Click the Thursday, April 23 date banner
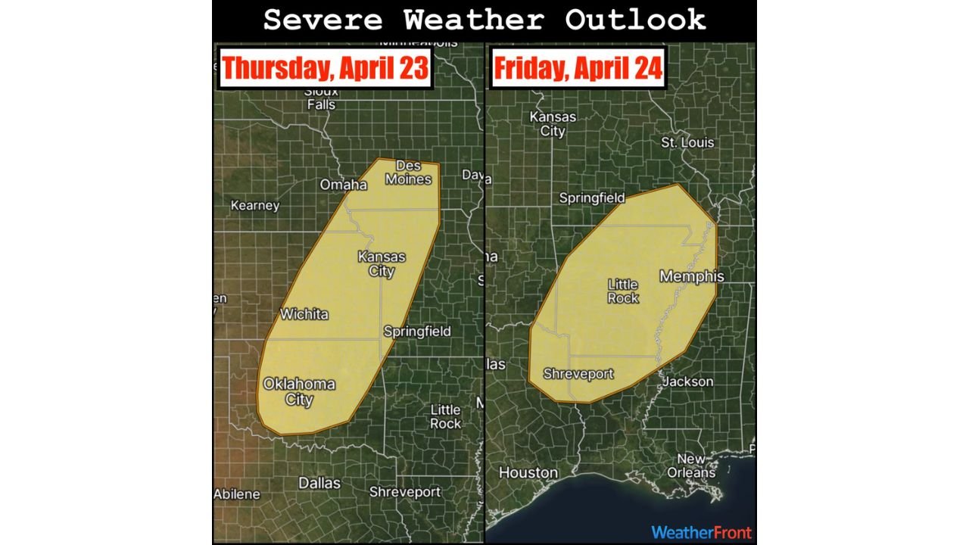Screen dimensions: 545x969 pyautogui.click(x=326, y=69)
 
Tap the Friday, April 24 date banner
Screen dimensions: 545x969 pyautogui.click(x=578, y=69)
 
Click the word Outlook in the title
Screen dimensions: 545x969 pyautogui.click(x=635, y=20)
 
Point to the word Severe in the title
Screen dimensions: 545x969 pyautogui.click(x=324, y=20)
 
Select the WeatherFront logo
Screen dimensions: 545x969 pyautogui.click(x=701, y=532)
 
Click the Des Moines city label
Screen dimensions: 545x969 pyautogui.click(x=409, y=173)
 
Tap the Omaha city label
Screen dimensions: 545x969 pyautogui.click(x=343, y=185)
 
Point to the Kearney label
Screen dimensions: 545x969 pyautogui.click(x=255, y=206)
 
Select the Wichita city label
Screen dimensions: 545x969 pyautogui.click(x=304, y=314)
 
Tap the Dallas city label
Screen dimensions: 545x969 pyautogui.click(x=319, y=483)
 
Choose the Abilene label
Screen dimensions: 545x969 pyautogui.click(x=237, y=494)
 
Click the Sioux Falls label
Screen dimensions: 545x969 pyautogui.click(x=321, y=98)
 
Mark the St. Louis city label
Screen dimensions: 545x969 pyautogui.click(x=687, y=142)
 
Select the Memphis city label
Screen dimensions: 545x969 pyautogui.click(x=691, y=277)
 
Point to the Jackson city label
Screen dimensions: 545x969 pyautogui.click(x=687, y=381)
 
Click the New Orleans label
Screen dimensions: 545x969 pyautogui.click(x=691, y=466)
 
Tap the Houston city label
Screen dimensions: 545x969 pyautogui.click(x=528, y=473)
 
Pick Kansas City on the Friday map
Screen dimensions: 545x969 pyautogui.click(x=553, y=124)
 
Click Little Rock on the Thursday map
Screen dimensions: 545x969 pyautogui.click(x=445, y=417)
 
